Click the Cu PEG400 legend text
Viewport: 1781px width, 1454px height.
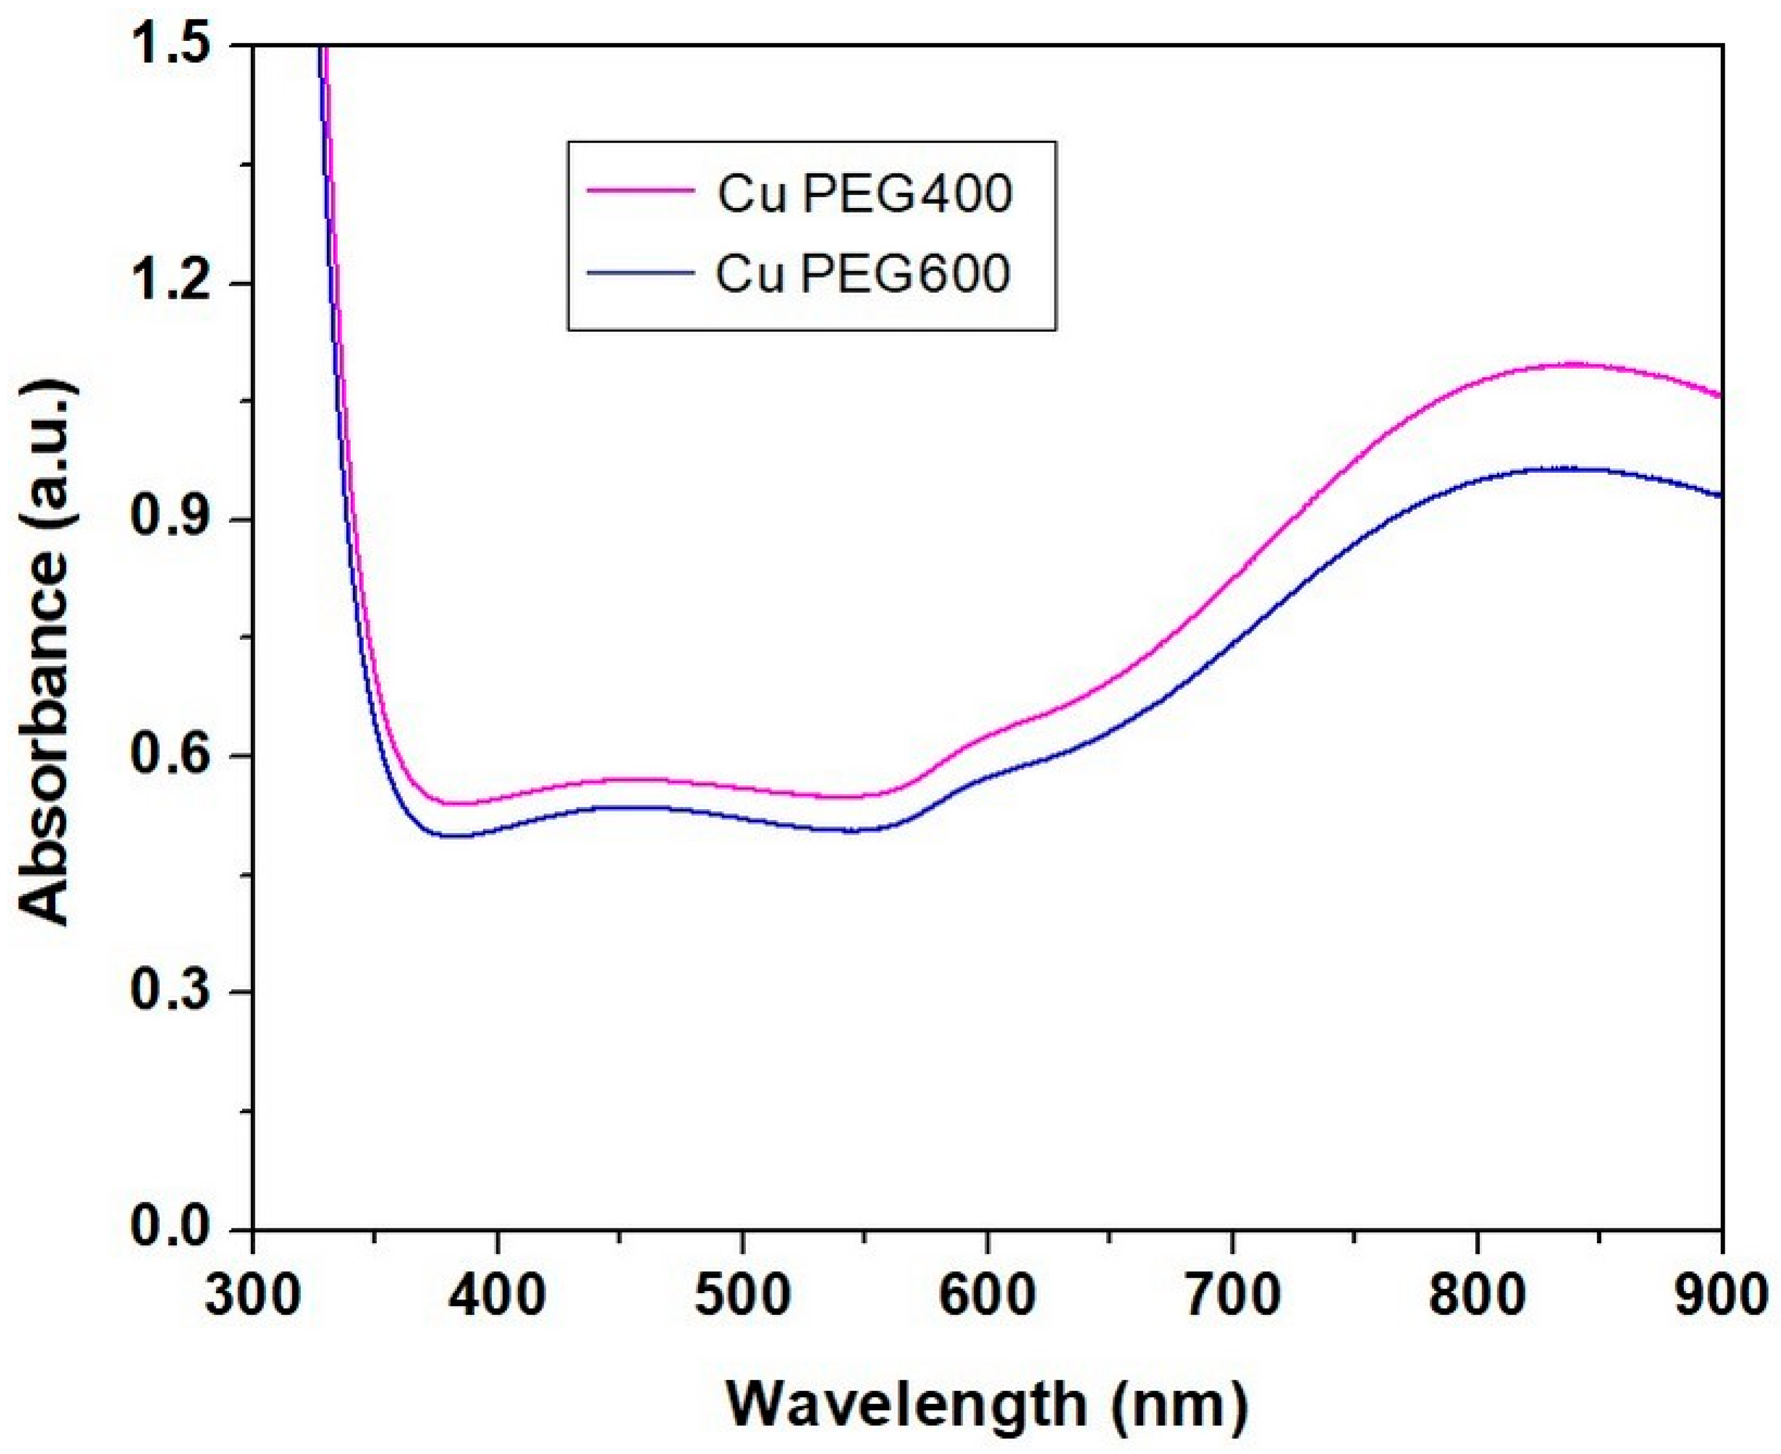[865, 194]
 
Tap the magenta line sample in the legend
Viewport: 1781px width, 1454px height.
[641, 191]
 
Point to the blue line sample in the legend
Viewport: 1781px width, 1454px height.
[641, 272]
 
